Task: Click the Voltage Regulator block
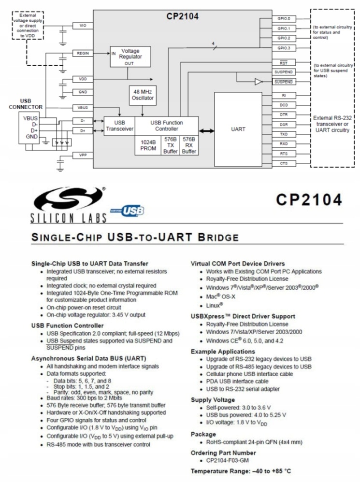click(130, 57)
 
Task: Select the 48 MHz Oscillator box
click(142, 95)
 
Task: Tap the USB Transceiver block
click(119, 126)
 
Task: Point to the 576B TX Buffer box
click(170, 145)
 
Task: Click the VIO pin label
click(83, 25)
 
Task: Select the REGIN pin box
click(83, 53)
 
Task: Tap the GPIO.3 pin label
click(284, 48)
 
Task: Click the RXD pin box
click(284, 144)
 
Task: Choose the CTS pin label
click(284, 164)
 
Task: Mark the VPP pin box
click(83, 155)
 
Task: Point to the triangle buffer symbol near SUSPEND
click(258, 82)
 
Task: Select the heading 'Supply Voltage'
click(213, 400)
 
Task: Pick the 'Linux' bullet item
click(212, 305)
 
